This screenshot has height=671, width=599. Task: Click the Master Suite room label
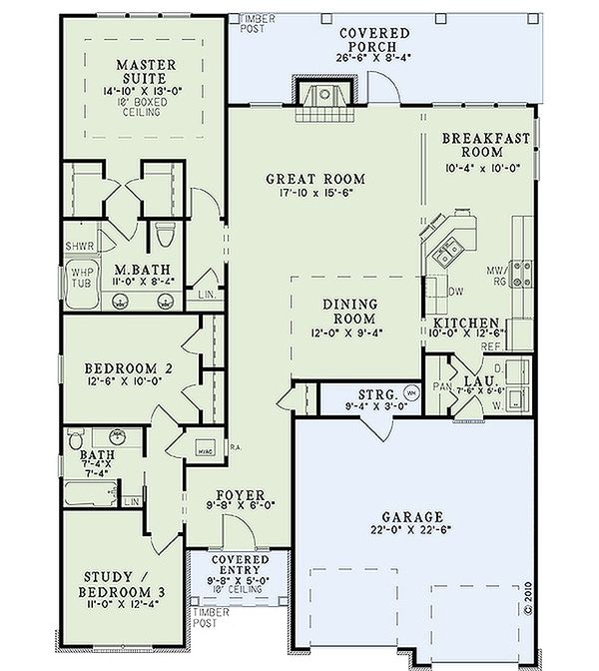pos(145,74)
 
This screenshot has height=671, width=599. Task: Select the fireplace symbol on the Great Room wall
pos(324,98)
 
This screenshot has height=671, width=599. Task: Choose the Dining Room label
pos(348,311)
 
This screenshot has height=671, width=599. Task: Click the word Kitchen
pos(466,325)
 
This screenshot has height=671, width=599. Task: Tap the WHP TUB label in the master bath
pos(78,277)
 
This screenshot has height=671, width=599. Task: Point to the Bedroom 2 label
pos(129,368)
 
